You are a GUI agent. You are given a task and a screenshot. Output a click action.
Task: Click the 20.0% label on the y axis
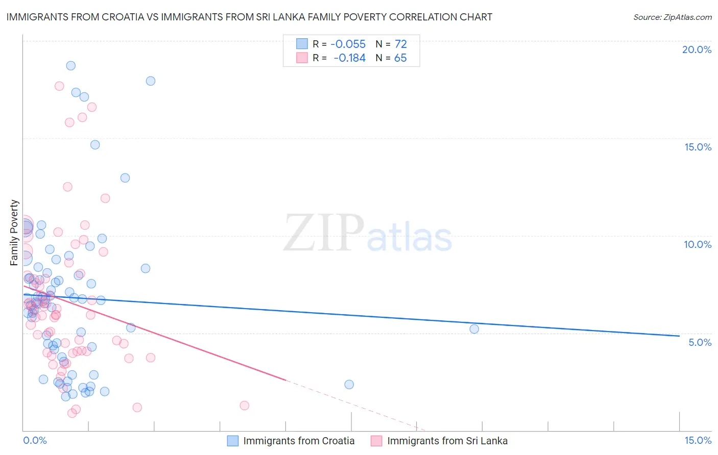(x=697, y=49)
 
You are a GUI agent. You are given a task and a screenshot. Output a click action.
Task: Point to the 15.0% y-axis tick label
(x=698, y=147)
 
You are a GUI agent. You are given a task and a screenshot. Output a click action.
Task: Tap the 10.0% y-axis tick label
(x=698, y=244)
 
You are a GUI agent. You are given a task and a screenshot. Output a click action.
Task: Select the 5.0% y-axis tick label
(x=700, y=342)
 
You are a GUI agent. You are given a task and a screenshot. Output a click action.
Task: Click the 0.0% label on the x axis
(x=35, y=440)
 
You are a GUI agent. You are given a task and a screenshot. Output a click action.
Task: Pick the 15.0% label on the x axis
(x=698, y=440)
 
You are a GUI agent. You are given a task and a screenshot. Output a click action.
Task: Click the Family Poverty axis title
(x=14, y=233)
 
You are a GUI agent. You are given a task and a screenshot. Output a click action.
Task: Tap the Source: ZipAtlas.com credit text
(x=672, y=17)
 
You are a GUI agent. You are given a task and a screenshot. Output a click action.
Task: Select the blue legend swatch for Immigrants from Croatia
(x=233, y=441)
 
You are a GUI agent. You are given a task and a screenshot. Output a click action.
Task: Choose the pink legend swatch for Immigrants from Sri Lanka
(x=376, y=441)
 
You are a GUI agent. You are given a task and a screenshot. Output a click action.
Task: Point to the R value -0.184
(x=350, y=58)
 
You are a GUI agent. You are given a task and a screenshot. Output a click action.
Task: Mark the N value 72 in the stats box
(x=401, y=44)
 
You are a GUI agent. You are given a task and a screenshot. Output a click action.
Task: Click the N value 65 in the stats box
(x=401, y=58)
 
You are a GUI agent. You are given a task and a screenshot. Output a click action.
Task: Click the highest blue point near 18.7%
(x=71, y=66)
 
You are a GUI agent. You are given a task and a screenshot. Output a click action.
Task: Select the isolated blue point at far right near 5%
(x=474, y=329)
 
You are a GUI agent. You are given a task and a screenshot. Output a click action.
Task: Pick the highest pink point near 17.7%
(x=59, y=86)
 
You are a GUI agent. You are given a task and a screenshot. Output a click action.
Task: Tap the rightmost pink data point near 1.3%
(x=245, y=406)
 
